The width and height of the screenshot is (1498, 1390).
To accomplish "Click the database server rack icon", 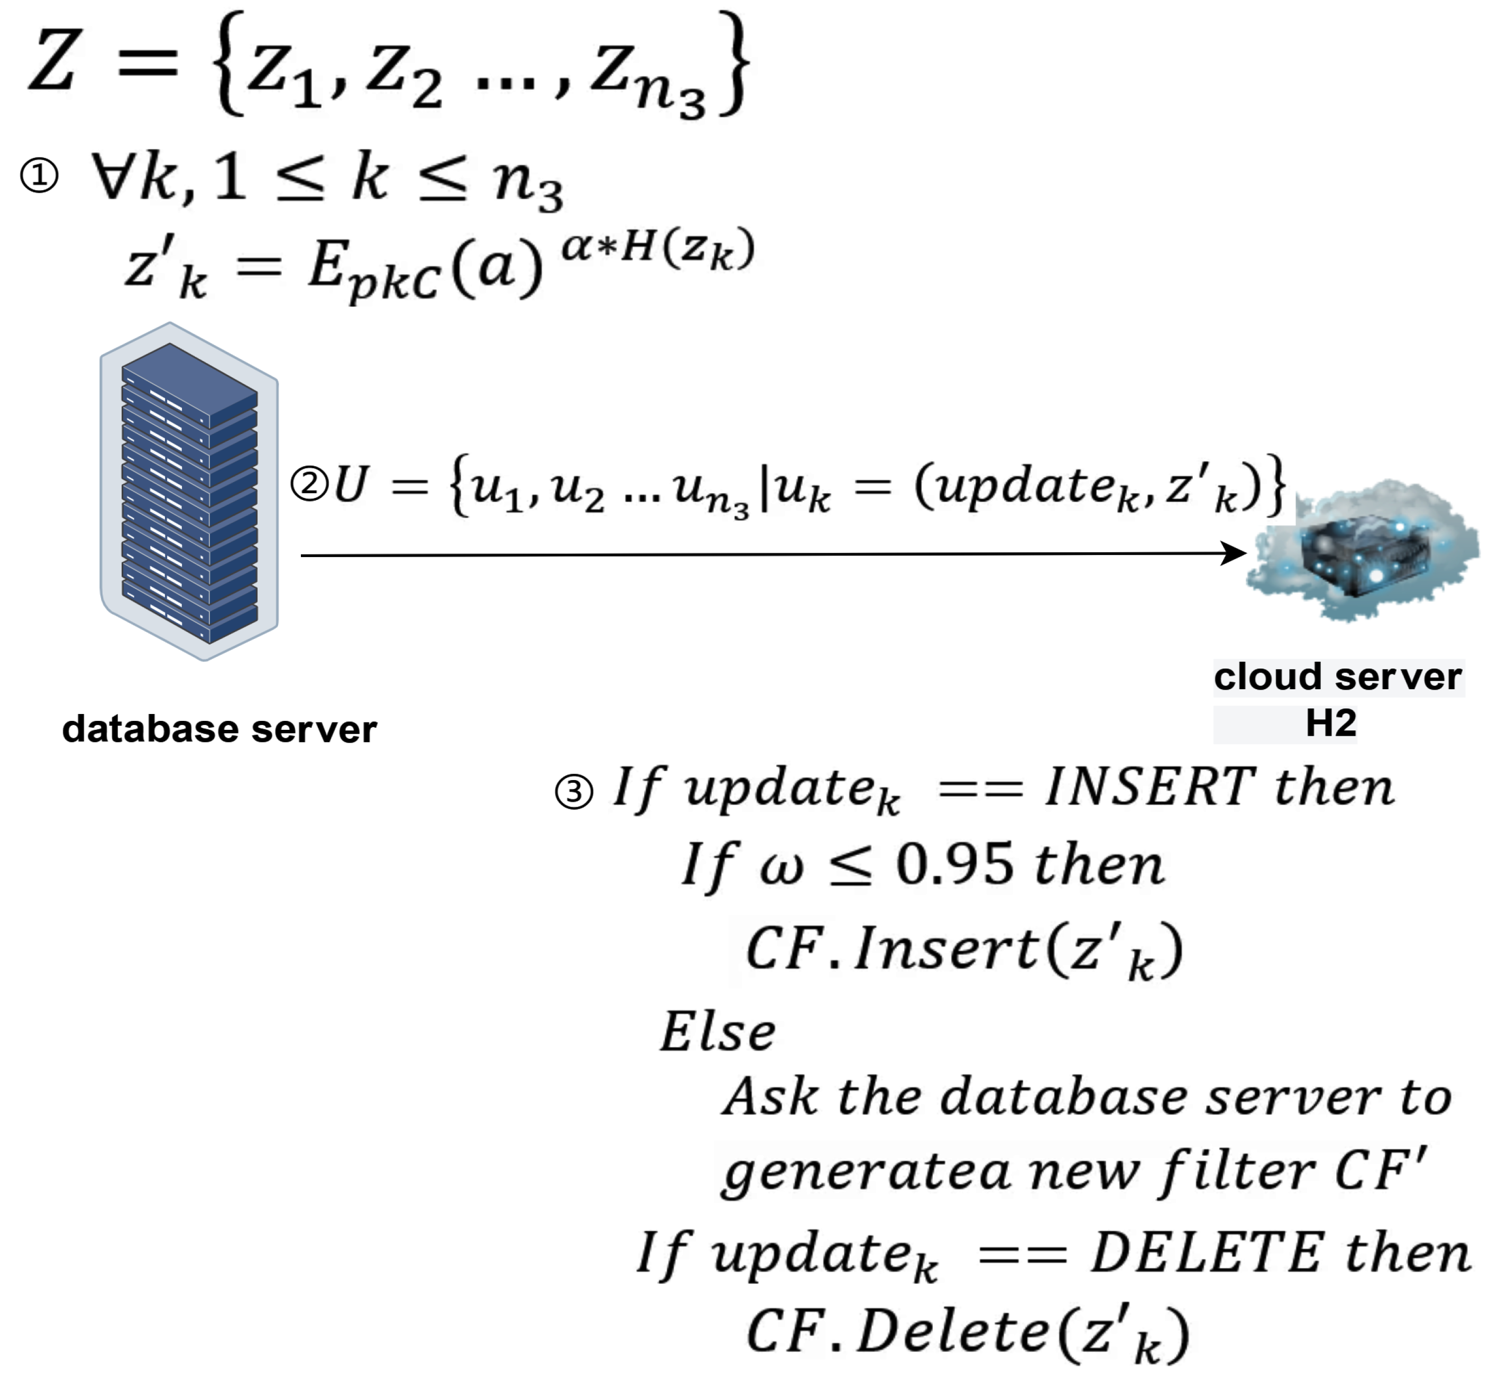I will pos(189,493).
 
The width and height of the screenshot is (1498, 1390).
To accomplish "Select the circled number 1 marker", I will pos(39,177).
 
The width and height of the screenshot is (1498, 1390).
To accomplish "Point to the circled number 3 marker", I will pos(573,792).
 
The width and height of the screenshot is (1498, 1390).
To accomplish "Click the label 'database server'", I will pos(219,729).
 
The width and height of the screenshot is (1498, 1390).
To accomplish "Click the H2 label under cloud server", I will pos(1330,723).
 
